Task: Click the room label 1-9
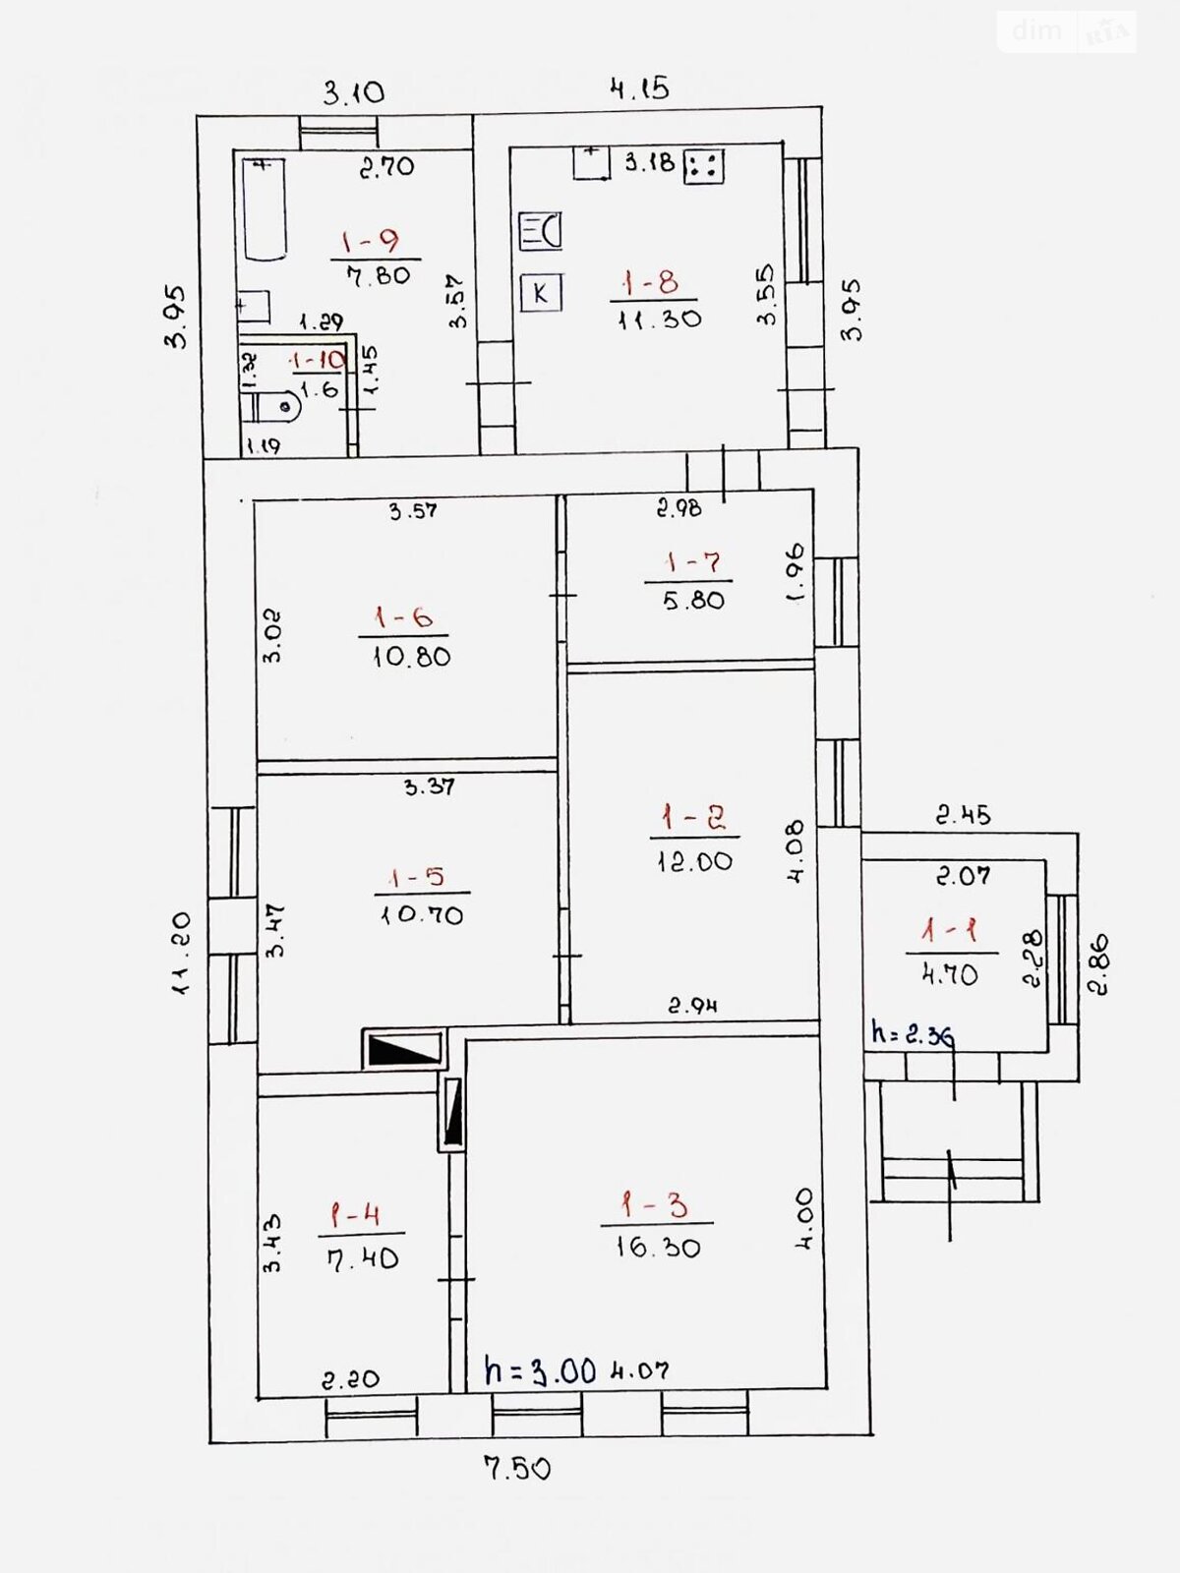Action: coord(371,242)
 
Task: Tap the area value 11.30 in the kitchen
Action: coord(660,319)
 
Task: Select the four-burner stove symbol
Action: coord(703,167)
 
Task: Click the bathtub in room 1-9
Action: coord(264,208)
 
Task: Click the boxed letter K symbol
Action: coord(541,293)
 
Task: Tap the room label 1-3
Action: coord(654,1204)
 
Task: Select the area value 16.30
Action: coord(658,1248)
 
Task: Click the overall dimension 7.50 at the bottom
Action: coord(517,1469)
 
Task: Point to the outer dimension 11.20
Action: coord(181,953)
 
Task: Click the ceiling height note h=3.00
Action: coord(540,1370)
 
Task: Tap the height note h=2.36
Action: coord(913,1033)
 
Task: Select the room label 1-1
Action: coord(949,931)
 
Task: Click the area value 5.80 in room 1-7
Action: coord(693,600)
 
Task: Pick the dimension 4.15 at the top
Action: coord(640,88)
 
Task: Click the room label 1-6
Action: coord(402,616)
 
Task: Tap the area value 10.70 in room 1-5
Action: coord(422,915)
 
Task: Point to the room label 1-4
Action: coord(355,1215)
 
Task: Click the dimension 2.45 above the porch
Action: coord(964,815)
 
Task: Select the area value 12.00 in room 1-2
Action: coord(695,860)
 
